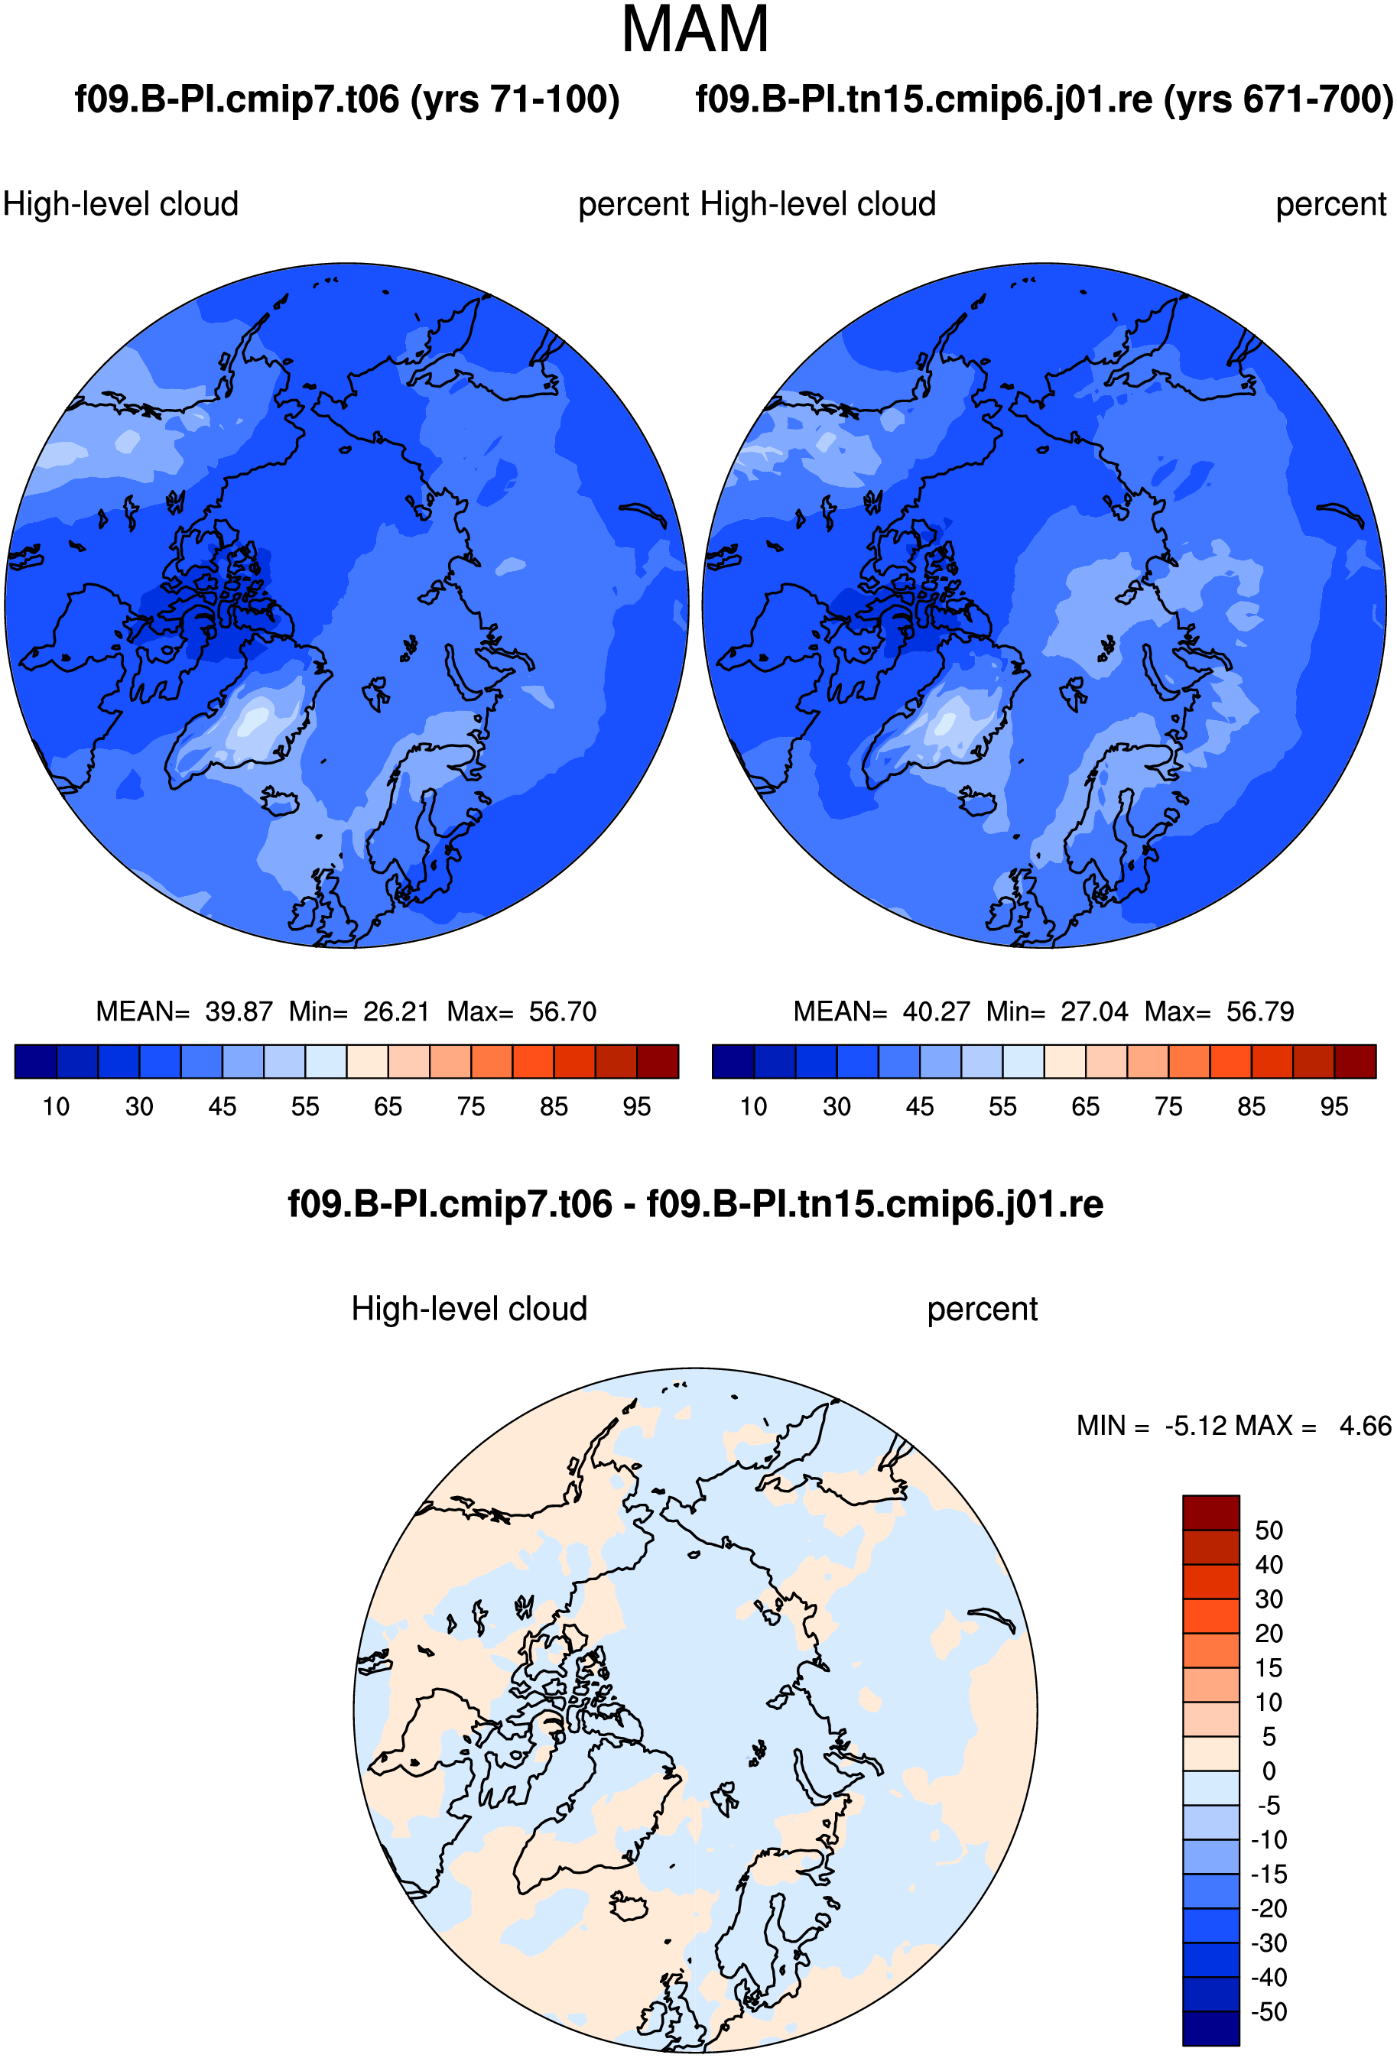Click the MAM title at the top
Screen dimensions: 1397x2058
[694, 30]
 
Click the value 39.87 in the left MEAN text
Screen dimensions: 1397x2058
[239, 1011]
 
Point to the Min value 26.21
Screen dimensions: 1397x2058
[396, 1011]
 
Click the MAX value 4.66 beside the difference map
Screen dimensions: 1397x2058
[1365, 1426]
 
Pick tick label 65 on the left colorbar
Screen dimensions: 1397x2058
[388, 1107]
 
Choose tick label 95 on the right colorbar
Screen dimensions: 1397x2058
[1334, 1107]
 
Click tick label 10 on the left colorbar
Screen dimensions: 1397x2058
[56, 1107]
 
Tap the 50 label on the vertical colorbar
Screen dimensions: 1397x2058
[1269, 1531]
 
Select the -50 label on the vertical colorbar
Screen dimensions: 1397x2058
[1269, 2011]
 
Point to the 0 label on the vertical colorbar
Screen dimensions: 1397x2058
[1269, 1771]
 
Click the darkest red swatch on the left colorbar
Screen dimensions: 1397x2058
[658, 1061]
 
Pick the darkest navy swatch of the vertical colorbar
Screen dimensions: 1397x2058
[1210, 2028]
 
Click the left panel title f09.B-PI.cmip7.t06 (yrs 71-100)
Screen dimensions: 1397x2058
[346, 99]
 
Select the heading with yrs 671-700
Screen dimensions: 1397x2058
[1045, 99]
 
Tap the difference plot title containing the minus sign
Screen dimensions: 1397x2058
[695, 1204]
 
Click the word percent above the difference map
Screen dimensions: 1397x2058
[982, 1310]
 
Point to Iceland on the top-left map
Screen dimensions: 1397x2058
[280, 802]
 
